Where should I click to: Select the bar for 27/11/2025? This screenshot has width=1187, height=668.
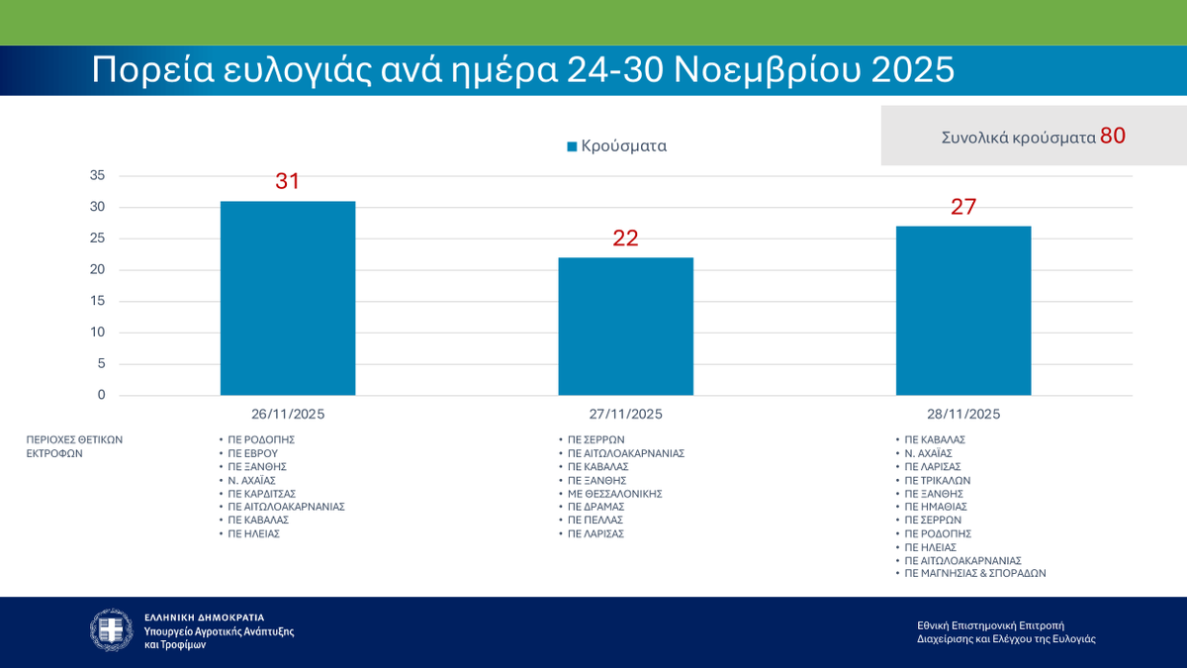(625, 326)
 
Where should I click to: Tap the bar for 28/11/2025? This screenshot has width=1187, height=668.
(963, 310)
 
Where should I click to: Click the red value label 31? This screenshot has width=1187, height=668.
(287, 182)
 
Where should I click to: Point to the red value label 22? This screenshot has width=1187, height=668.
(625, 239)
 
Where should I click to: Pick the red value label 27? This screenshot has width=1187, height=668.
(963, 207)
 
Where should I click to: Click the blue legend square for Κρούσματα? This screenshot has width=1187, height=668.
(572, 146)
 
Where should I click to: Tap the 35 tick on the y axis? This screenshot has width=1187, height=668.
(97, 176)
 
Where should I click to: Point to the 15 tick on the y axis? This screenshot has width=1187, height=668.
(97, 301)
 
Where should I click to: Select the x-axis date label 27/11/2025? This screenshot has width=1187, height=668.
(625, 414)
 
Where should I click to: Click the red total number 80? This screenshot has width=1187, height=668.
(1113, 136)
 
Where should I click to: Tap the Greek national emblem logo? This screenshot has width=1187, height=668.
(111, 629)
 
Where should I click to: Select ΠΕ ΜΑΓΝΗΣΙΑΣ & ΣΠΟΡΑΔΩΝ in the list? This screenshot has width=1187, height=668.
(975, 573)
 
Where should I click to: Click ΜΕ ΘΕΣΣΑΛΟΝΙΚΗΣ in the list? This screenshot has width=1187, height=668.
(614, 493)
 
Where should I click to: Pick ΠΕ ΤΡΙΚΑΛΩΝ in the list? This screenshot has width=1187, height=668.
(939, 479)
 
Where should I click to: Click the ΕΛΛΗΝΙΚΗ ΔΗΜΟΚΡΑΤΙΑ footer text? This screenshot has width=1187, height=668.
(205, 617)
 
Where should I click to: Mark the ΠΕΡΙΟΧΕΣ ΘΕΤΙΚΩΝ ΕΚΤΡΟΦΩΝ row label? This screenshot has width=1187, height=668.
(75, 445)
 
